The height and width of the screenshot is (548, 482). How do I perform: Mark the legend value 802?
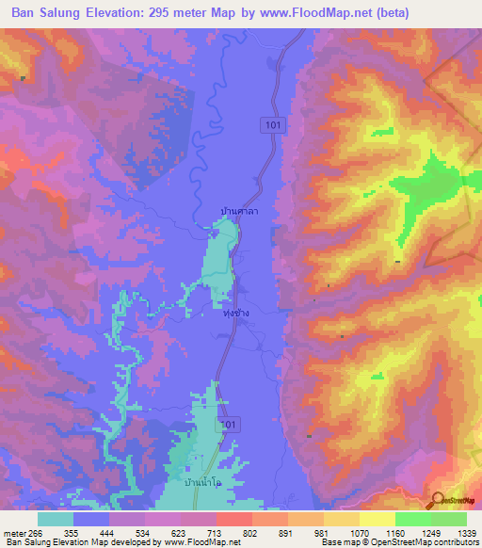[253, 532]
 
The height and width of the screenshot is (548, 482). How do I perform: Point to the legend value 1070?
[360, 532]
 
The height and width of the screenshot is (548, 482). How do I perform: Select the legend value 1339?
[466, 532]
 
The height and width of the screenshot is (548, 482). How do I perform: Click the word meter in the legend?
[14, 532]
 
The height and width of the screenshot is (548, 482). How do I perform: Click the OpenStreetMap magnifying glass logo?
[438, 499]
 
